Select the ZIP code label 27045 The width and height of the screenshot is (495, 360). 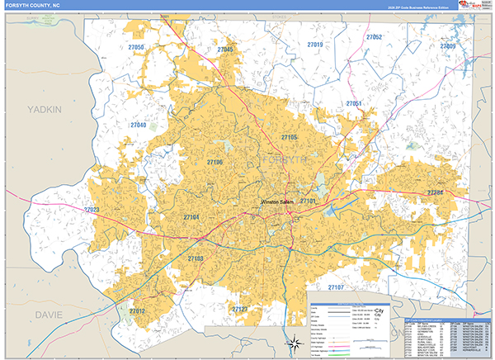coord(225,50)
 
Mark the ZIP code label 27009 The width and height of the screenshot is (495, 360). coord(448,46)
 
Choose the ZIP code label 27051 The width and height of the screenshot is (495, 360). coord(354,103)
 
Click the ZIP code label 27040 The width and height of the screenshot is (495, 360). coord(138,125)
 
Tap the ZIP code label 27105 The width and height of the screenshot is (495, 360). coord(289,137)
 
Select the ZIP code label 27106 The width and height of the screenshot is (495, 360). coord(214,163)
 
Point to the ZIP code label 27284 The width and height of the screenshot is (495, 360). coord(435,192)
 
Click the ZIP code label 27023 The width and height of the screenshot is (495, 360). coord(91,211)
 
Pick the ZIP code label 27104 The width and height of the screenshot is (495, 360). coord(191,217)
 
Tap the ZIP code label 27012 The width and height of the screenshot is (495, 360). coord(137,310)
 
